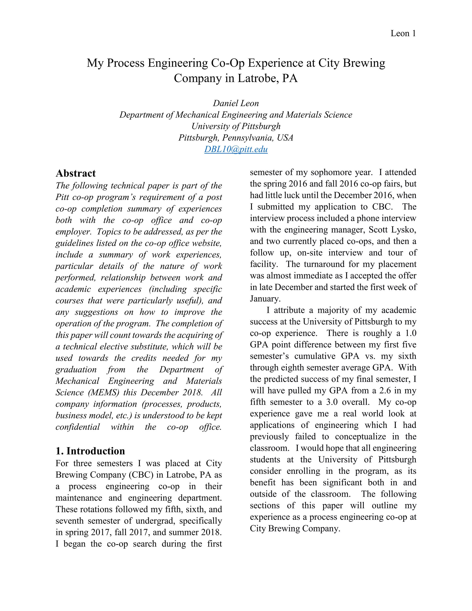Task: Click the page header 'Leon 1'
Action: pyautogui.click(x=403, y=34)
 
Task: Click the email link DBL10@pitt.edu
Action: pyautogui.click(x=236, y=149)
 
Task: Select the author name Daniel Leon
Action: pyautogui.click(x=236, y=103)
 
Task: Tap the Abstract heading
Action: pyautogui.click(x=76, y=173)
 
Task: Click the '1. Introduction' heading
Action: pyautogui.click(x=90, y=451)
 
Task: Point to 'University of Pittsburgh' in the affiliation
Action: pyautogui.click(x=236, y=126)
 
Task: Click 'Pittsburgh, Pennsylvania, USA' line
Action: pyautogui.click(x=236, y=138)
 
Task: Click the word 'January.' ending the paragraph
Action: pyautogui.click(x=265, y=299)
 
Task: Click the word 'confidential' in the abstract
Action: pyautogui.click(x=77, y=427)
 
